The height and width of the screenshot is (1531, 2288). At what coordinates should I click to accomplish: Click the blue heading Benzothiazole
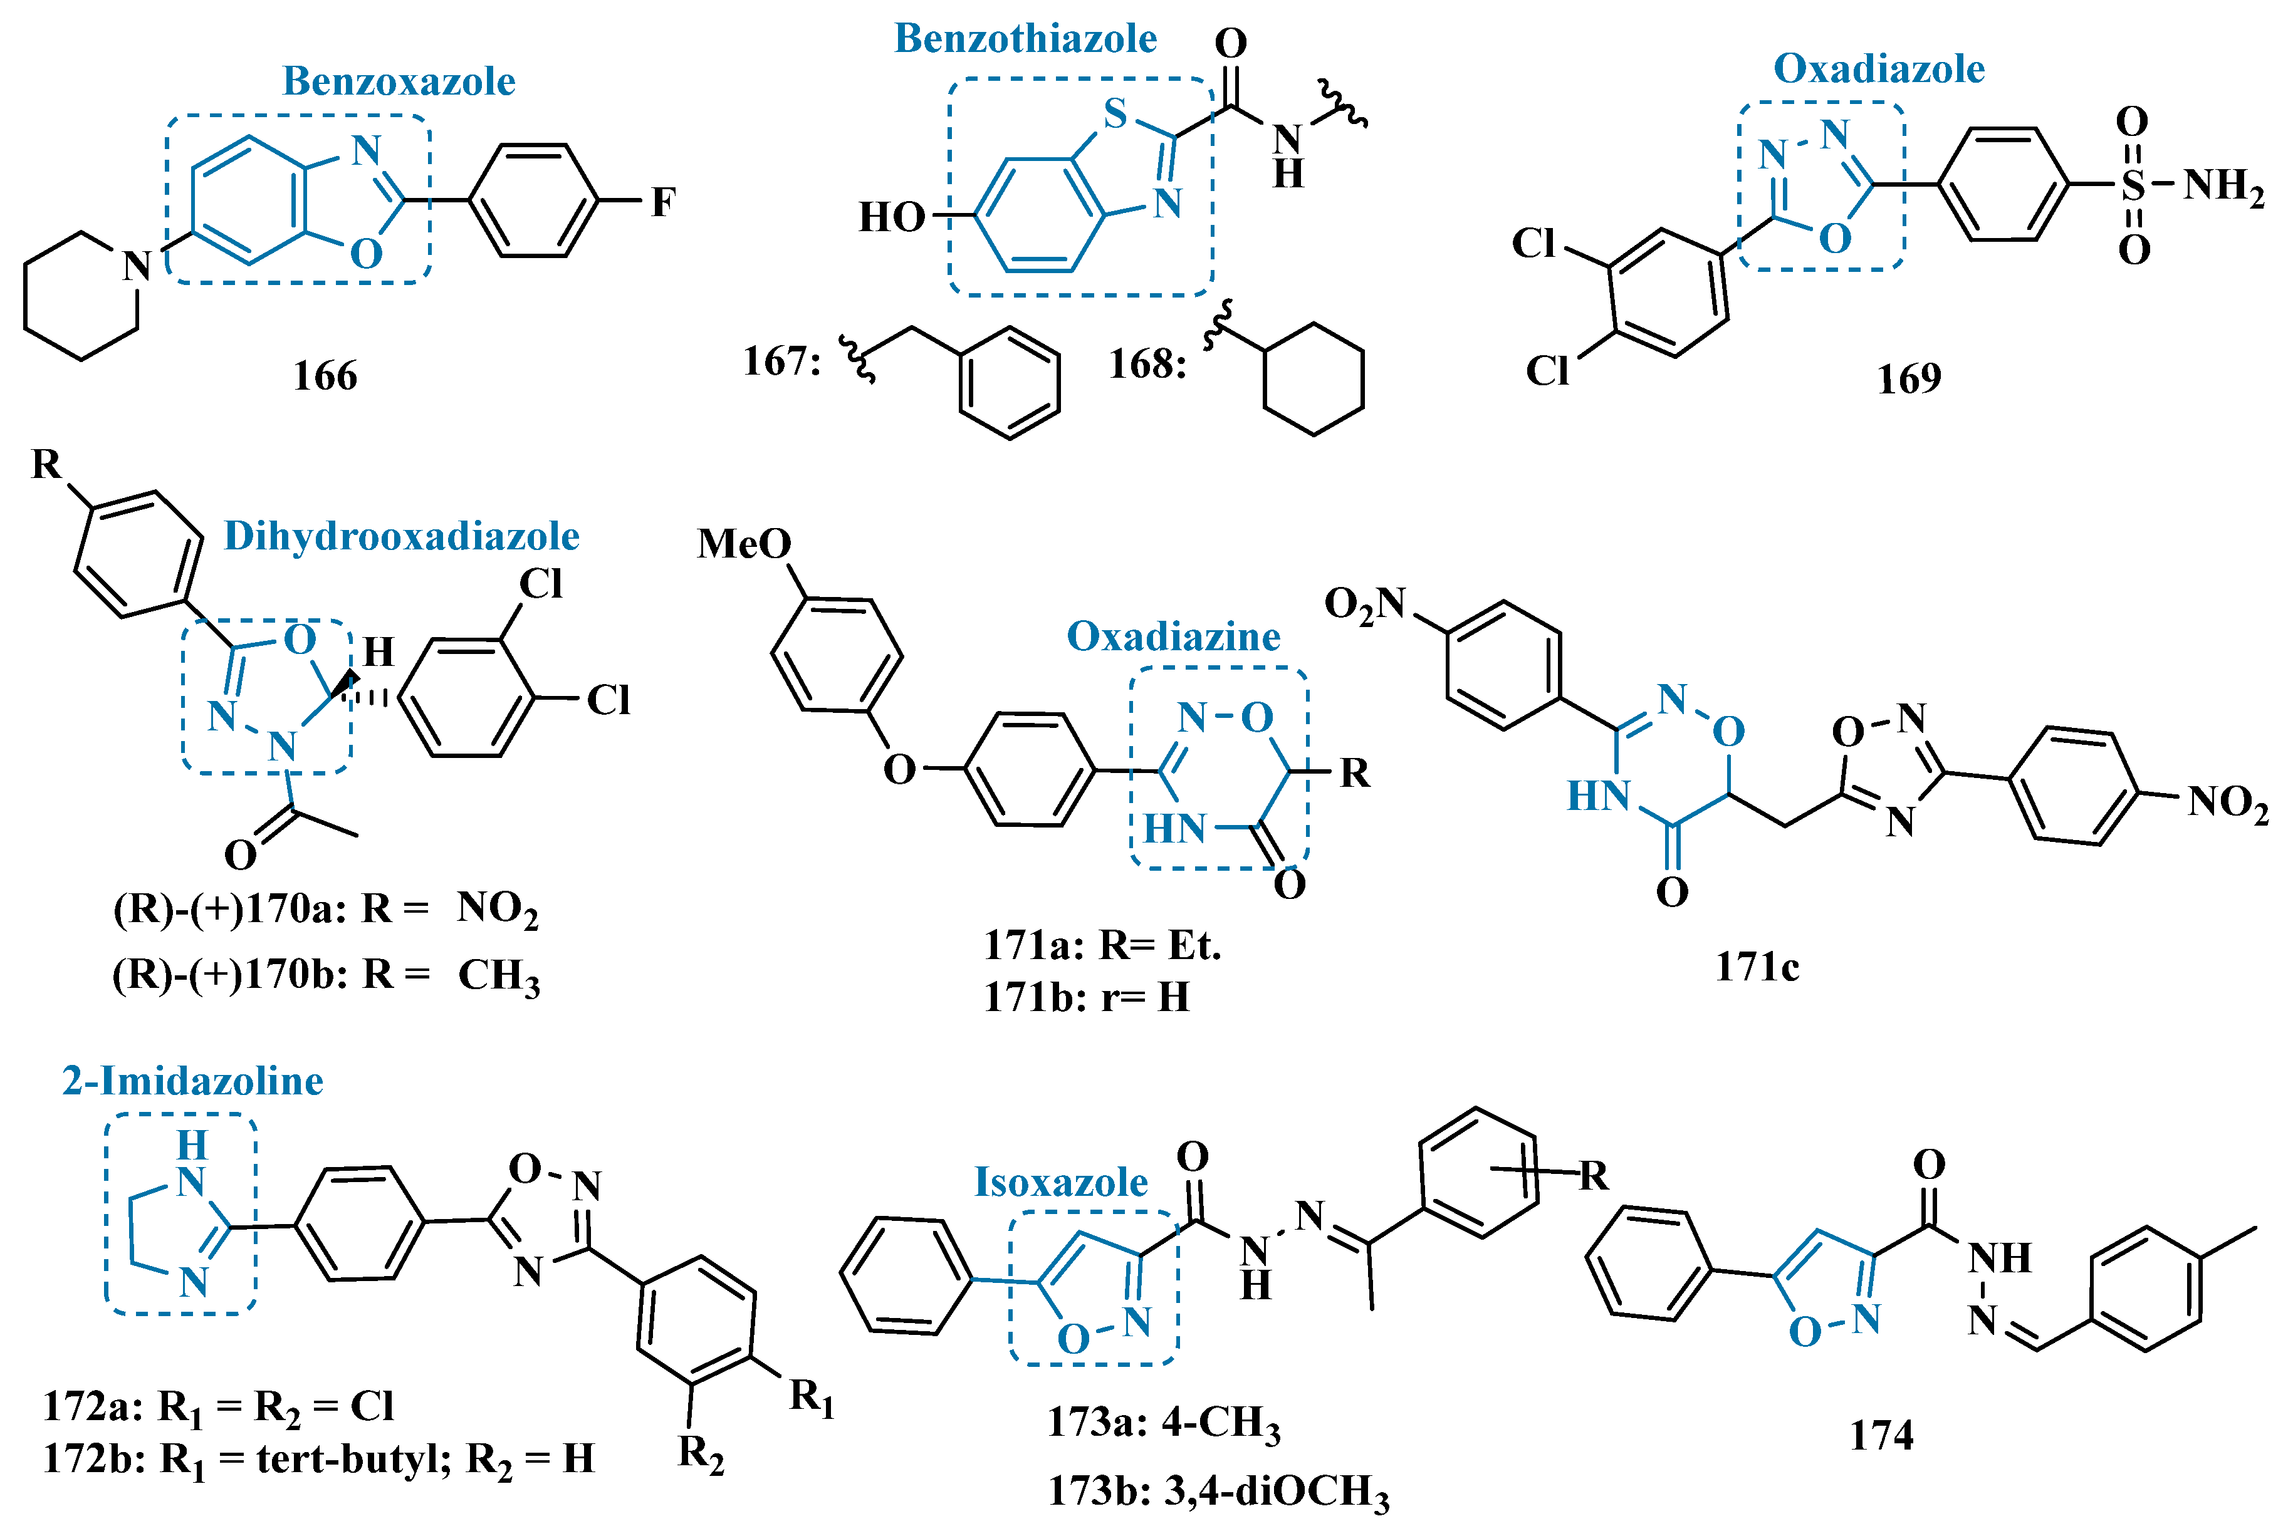pos(1025,39)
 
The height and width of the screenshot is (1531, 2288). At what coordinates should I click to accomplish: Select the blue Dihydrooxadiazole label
pos(401,536)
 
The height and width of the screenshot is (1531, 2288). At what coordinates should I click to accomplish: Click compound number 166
pos(325,376)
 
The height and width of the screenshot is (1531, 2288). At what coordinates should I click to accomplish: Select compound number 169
pos(1909,379)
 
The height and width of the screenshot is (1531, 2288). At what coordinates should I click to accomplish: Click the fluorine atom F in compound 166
pos(663,202)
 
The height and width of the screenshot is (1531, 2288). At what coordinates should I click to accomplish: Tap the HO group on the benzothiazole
pos(891,217)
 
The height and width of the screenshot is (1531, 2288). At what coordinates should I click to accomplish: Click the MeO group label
pos(744,544)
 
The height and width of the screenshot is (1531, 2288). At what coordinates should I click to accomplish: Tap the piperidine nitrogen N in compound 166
pos(137,266)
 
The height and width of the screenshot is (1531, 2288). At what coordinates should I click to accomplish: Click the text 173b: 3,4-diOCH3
pos(1218,1492)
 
